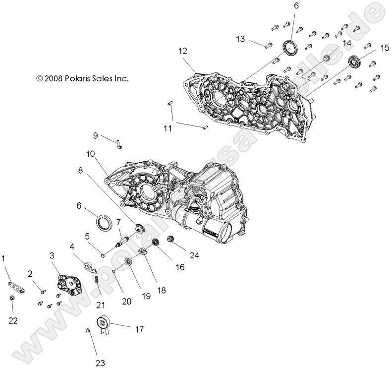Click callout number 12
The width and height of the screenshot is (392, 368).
pyautogui.click(x=183, y=50)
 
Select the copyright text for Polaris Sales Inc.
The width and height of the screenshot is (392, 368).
pyautogui.click(x=82, y=78)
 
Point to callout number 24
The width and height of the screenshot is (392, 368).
pyautogui.click(x=194, y=255)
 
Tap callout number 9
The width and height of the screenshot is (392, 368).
pyautogui.click(x=95, y=135)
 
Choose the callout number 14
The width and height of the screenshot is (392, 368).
pyautogui.click(x=346, y=44)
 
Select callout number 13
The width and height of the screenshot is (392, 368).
pyautogui.click(x=240, y=38)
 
